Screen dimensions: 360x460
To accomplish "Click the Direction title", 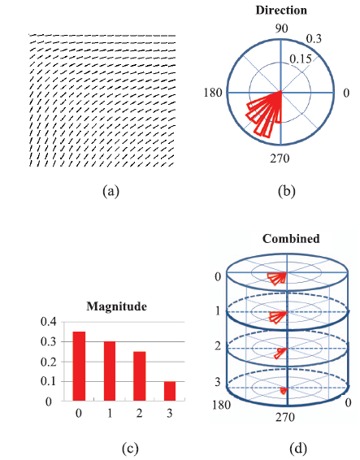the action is (281, 11).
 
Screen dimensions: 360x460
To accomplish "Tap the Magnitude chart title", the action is (116, 306).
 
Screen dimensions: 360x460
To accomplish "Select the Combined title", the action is (291, 238).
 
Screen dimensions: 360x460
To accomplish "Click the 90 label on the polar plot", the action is (281, 28).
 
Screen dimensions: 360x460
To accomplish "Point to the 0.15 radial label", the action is (301, 59).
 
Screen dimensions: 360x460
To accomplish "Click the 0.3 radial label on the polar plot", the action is (314, 39).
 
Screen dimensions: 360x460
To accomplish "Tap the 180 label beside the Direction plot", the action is (213, 93).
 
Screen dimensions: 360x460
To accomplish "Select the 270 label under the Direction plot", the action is (280, 158).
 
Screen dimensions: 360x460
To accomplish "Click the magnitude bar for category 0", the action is (79, 366).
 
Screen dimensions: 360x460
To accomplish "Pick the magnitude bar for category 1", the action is (109, 371).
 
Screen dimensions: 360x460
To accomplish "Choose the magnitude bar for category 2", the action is (139, 376).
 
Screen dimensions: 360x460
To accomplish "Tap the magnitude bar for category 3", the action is (170, 391).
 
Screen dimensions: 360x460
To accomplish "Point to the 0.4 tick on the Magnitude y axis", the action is (48, 322).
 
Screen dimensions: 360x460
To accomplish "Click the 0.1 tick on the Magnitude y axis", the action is (48, 381).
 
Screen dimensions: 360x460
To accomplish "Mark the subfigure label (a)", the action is (111, 191).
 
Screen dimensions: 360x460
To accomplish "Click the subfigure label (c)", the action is (130, 449).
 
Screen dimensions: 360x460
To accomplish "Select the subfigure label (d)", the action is (297, 449).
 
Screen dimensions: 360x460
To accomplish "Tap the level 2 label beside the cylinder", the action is (218, 346).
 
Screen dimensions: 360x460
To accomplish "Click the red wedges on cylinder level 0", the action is (277, 278).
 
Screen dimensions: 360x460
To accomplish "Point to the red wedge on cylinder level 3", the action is (284, 390).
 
